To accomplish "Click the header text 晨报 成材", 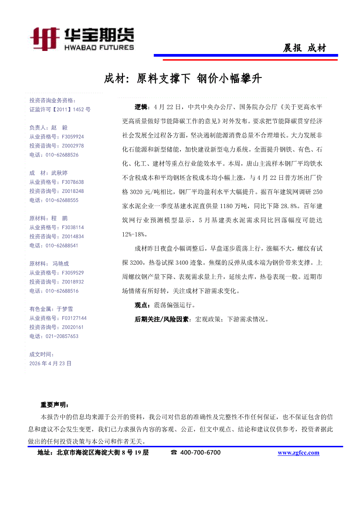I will coord(304,48).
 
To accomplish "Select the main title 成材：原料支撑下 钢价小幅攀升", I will coord(183,79).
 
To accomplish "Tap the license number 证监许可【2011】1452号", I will coord(60,110).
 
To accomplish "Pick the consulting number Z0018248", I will coord(67,191).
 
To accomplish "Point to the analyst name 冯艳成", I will coord(61,263).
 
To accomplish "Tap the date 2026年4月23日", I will coord(50,363).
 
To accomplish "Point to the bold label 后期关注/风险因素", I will coord(162,319).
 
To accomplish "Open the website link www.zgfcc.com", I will coord(298,453).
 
